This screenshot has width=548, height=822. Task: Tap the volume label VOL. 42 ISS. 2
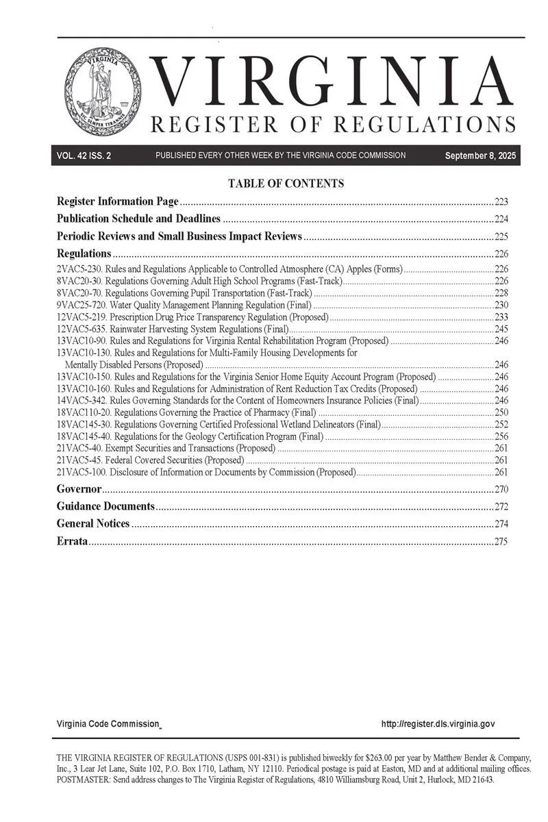(x=84, y=156)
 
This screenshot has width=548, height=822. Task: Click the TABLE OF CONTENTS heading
(x=286, y=184)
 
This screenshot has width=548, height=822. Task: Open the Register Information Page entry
(x=118, y=202)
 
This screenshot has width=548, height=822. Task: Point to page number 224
(x=501, y=220)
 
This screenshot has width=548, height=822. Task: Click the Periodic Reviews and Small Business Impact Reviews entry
(x=179, y=237)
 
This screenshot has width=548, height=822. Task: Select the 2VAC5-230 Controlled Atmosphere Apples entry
(x=229, y=269)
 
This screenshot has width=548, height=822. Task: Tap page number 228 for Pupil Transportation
(x=501, y=292)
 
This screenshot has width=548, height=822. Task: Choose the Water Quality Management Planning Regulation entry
(x=184, y=305)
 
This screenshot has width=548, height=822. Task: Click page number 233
(x=501, y=317)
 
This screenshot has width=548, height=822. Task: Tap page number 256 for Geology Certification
(x=501, y=436)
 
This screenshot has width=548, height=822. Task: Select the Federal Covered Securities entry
(x=151, y=460)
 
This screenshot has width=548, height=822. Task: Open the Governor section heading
(x=79, y=490)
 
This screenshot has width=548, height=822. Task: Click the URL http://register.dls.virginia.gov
(x=438, y=724)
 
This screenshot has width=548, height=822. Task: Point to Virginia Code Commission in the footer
(x=108, y=724)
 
